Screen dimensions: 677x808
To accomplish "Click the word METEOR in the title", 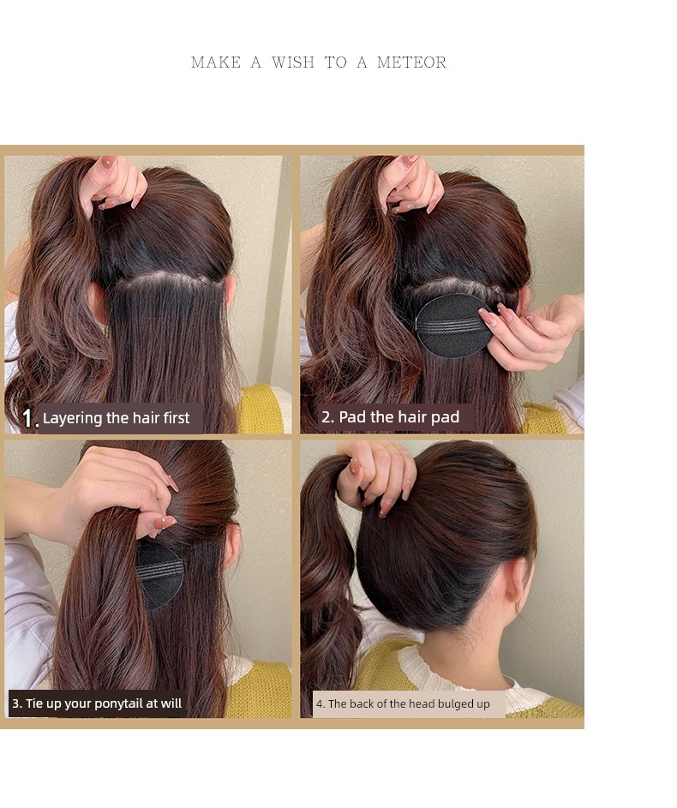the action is (x=411, y=63).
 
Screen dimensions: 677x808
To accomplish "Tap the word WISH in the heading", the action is (x=292, y=63).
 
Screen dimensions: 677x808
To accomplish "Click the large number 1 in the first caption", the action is (x=27, y=418).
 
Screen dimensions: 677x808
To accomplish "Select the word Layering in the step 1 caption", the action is (x=72, y=418).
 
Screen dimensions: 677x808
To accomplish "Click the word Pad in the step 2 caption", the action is (x=352, y=417).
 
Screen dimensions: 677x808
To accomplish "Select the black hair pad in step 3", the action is (x=159, y=573).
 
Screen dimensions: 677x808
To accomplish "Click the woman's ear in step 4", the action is (x=518, y=585).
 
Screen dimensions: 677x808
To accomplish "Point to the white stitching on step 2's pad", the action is (x=449, y=326).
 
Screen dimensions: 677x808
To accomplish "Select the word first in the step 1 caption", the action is (x=177, y=418).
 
